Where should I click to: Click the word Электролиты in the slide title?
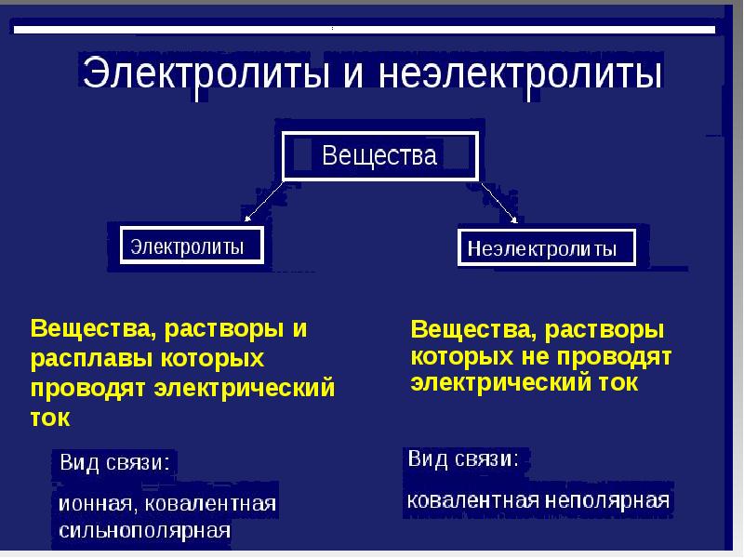(x=206, y=73)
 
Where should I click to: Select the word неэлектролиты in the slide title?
(x=520, y=73)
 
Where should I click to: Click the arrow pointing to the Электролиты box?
(x=264, y=201)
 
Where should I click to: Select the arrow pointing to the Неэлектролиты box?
(x=499, y=203)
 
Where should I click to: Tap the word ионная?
(x=95, y=504)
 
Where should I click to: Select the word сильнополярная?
(x=145, y=530)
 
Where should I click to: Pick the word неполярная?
(x=607, y=500)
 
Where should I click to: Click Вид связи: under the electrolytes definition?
(x=114, y=462)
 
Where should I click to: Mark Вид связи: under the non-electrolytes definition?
(x=463, y=458)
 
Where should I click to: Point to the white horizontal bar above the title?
(x=365, y=30)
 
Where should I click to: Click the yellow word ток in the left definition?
(x=50, y=418)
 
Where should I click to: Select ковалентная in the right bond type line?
(x=473, y=500)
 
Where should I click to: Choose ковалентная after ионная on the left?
(x=210, y=504)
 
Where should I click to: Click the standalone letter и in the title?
(x=353, y=76)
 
